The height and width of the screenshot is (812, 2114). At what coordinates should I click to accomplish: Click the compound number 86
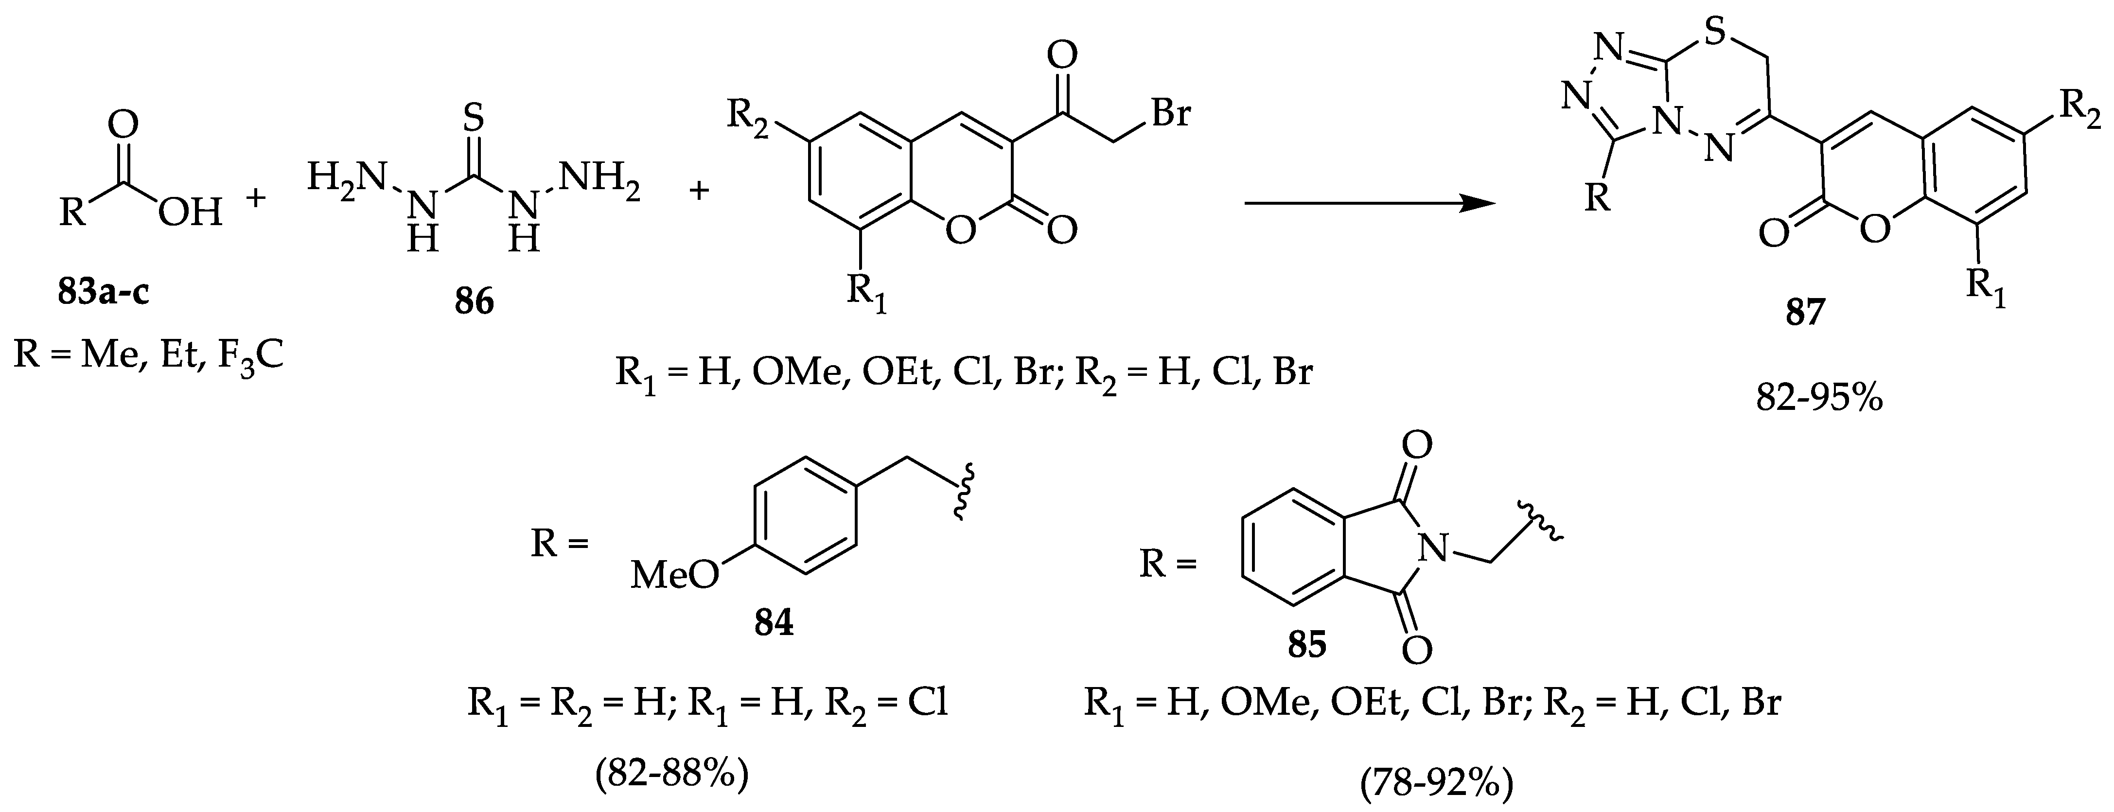coord(475,302)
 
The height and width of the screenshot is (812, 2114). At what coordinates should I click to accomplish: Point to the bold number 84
coord(774,624)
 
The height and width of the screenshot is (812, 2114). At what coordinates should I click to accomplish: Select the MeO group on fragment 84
coord(673,576)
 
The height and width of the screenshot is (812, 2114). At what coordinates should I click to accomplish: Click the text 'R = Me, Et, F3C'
coord(149,357)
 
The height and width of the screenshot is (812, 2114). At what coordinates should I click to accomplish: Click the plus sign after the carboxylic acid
coord(257,198)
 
